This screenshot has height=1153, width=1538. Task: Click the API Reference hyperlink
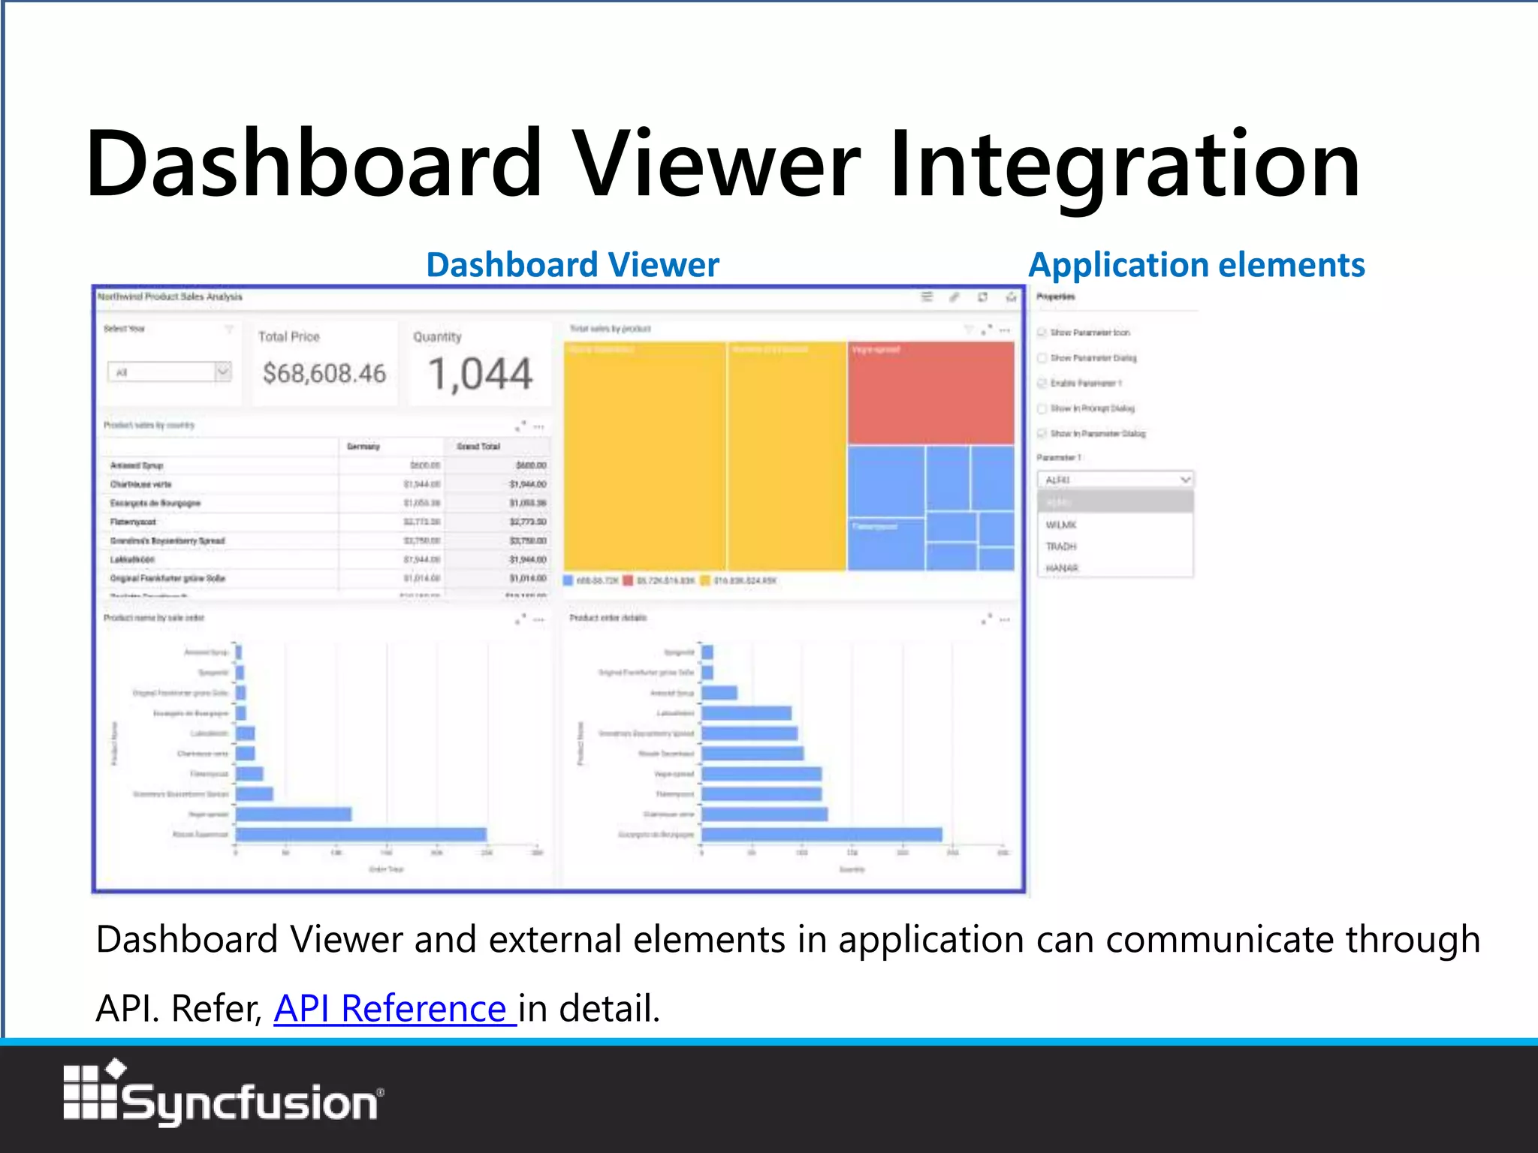click(394, 1008)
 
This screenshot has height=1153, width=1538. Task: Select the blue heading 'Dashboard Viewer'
click(572, 265)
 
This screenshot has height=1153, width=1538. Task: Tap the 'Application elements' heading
click(1196, 265)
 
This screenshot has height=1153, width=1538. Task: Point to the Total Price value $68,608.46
click(324, 373)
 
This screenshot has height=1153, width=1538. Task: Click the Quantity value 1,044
click(481, 374)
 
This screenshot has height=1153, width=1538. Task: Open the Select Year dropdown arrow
click(222, 371)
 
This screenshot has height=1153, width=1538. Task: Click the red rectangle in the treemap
click(930, 393)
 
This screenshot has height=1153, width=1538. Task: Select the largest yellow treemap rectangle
click(644, 456)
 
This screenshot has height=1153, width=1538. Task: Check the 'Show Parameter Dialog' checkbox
click(1042, 358)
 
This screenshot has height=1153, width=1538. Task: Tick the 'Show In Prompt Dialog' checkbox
click(1042, 408)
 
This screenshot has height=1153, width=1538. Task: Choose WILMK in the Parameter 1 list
click(1061, 525)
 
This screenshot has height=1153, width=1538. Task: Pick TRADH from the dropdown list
click(1061, 546)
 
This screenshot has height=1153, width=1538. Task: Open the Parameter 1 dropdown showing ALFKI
click(1115, 480)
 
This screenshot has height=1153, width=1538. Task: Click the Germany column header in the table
click(363, 447)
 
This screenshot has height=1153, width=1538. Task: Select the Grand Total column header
click(478, 447)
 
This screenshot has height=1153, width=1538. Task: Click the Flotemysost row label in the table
click(134, 522)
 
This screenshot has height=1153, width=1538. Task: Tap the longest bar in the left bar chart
click(360, 834)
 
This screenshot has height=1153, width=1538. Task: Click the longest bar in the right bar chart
click(822, 834)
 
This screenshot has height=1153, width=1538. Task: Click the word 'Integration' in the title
click(1124, 164)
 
